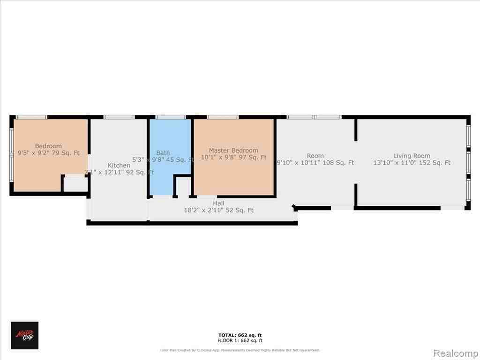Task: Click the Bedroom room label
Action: coord(48,146)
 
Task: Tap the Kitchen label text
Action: coord(119,165)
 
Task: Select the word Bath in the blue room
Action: coord(163,153)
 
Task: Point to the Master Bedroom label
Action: coord(233,150)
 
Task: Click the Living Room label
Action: coord(412,156)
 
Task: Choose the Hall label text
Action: coord(218,203)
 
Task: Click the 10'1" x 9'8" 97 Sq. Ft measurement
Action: coord(233,157)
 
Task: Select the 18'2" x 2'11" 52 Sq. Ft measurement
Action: coord(218,210)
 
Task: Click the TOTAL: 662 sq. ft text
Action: coord(240,335)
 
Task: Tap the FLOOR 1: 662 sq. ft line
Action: coord(240,341)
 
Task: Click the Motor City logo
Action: coord(25,335)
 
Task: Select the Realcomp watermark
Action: coord(455,352)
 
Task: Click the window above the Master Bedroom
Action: coord(223,117)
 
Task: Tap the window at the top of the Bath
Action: coord(171,117)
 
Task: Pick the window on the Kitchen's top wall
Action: coord(119,117)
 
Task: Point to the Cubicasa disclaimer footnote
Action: coord(240,350)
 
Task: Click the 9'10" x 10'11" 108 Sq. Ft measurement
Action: coord(315,163)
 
